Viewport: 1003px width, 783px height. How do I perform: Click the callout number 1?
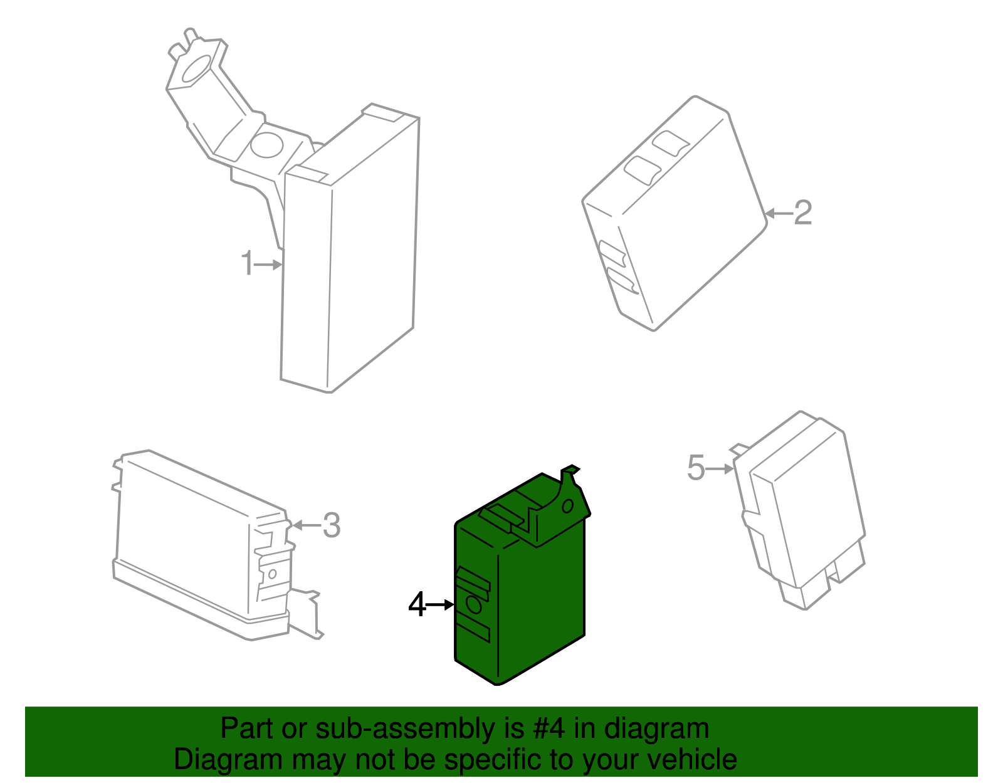(x=248, y=263)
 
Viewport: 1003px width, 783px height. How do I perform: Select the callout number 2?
(x=802, y=213)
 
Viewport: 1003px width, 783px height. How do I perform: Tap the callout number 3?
(x=331, y=525)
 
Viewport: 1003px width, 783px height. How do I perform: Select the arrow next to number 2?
(x=779, y=214)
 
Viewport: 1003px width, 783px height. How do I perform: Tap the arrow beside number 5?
(x=720, y=469)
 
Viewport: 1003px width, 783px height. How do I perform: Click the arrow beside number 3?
(x=307, y=525)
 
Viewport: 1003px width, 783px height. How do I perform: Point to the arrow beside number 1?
(x=268, y=265)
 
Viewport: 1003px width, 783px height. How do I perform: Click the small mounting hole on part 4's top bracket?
(x=567, y=507)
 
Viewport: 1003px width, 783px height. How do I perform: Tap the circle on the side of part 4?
(x=474, y=604)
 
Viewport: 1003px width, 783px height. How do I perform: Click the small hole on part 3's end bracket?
(x=272, y=574)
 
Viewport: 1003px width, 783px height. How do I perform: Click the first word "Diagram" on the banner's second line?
(x=228, y=760)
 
